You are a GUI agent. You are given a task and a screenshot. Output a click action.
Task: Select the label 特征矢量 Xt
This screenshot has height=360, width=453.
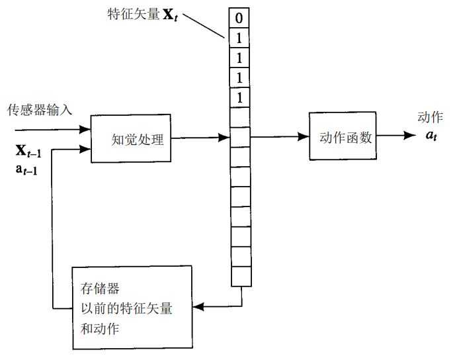point(144,13)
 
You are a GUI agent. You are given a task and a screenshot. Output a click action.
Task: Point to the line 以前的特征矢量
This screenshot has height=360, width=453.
point(124,308)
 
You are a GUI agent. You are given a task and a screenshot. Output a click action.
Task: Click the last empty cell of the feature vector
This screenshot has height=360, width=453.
point(241,276)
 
